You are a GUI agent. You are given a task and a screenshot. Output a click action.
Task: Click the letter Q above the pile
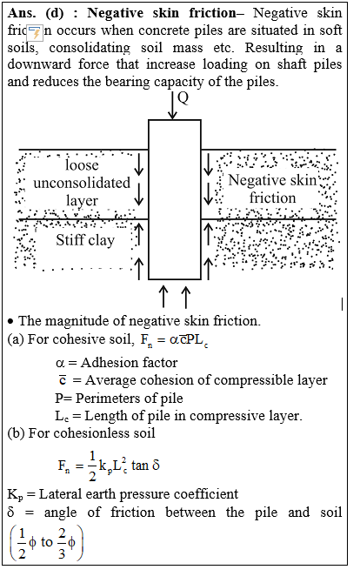tap(183, 98)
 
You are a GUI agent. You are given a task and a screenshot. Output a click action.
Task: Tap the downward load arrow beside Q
tap(172, 105)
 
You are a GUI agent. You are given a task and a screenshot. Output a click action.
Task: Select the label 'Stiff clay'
tap(85, 240)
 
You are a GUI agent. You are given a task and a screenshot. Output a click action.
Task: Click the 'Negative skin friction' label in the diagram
tap(272, 189)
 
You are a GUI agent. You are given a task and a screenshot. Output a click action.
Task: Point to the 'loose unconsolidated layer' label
tap(82, 183)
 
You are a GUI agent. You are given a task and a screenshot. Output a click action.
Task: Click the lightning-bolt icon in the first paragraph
tap(36, 33)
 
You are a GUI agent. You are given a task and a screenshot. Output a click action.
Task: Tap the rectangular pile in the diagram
tap(175, 199)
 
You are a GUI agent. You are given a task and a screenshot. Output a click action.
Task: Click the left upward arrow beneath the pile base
tap(163, 297)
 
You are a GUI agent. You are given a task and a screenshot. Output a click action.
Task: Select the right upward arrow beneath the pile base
tap(186, 297)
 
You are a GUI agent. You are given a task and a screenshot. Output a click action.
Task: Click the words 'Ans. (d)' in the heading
tap(36, 13)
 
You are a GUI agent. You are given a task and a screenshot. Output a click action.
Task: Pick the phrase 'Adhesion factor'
tap(130, 363)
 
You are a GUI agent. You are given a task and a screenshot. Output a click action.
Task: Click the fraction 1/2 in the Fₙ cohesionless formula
tap(92, 466)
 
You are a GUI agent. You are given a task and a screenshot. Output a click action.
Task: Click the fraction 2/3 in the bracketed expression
tap(62, 544)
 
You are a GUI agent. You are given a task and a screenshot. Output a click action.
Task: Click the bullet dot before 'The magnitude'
tap(10, 321)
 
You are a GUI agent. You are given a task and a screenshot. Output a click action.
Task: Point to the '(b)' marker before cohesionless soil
tap(16, 433)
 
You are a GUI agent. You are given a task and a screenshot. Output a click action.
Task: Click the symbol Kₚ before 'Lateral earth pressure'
tap(16, 495)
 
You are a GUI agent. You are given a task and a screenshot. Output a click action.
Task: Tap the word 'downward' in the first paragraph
tap(39, 64)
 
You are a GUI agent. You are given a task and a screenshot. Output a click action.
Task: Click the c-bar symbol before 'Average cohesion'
tap(63, 380)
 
